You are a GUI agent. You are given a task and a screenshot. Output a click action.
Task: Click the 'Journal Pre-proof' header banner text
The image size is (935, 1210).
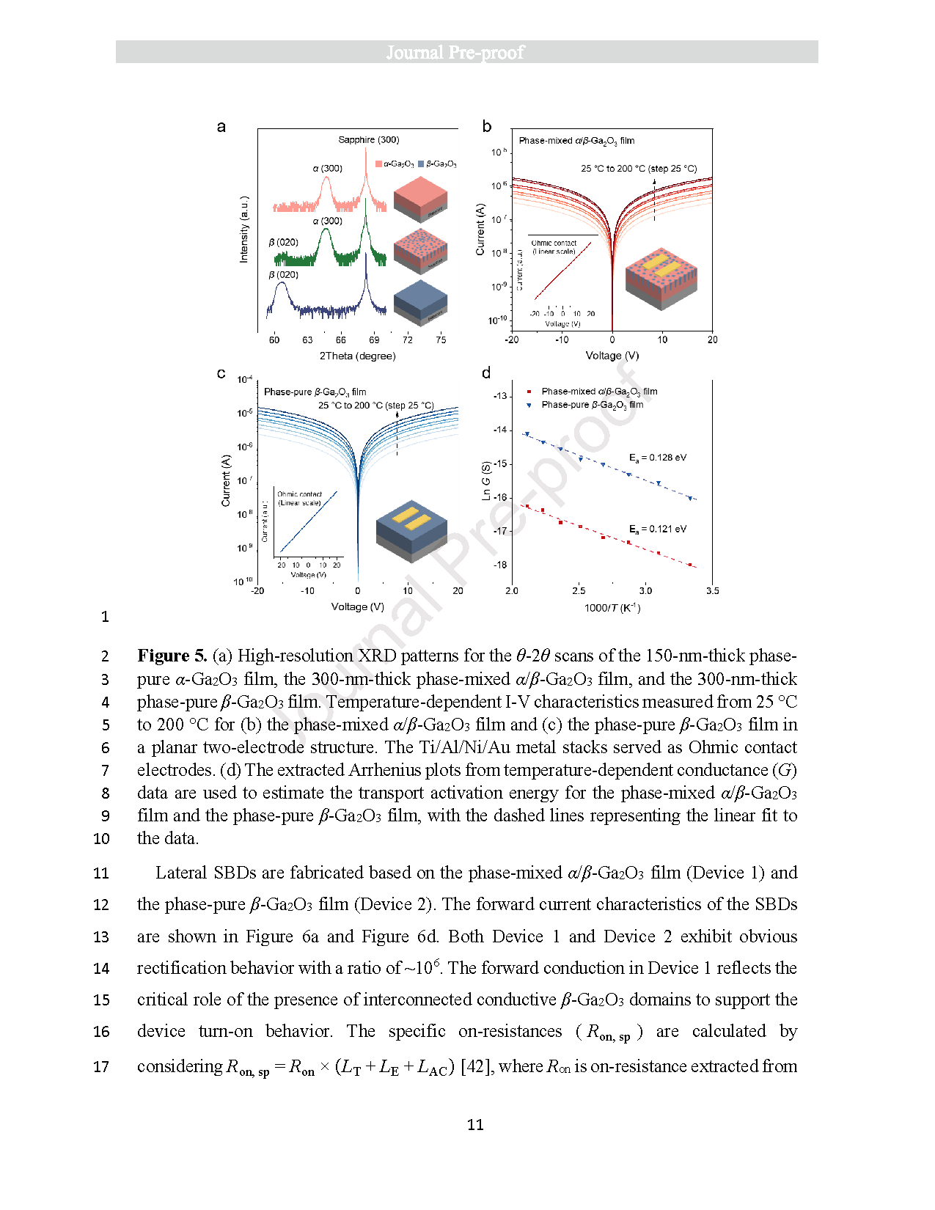455,52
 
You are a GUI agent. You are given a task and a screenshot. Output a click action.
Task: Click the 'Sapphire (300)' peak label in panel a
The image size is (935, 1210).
368,139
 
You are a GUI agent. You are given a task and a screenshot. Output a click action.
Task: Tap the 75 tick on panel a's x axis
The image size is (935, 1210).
441,340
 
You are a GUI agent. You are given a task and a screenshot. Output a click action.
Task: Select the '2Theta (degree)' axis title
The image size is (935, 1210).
357,356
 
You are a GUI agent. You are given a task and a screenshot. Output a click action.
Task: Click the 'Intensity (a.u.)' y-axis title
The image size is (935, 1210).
244,229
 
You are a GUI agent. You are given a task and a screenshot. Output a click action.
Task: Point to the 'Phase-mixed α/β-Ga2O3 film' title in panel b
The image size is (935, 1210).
576,141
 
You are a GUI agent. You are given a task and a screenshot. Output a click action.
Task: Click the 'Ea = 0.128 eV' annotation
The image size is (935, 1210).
657,458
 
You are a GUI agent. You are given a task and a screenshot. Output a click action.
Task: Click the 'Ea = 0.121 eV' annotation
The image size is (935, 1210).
657,529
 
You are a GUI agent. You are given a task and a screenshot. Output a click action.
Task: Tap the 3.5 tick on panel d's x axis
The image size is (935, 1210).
712,590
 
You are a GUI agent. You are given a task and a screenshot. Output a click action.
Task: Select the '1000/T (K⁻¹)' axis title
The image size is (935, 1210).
612,608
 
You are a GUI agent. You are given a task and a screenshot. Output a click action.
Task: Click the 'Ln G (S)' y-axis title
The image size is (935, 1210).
485,481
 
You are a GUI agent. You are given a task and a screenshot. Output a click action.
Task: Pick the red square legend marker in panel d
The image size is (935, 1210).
529,392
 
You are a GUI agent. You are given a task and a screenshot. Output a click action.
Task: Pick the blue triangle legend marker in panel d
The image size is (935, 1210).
529,405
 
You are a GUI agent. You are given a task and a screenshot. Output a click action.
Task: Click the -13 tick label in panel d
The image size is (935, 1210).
499,396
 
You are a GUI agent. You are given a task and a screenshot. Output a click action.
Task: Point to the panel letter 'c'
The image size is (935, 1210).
221,373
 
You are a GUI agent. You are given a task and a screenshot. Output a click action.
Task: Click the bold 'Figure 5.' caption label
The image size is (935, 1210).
172,656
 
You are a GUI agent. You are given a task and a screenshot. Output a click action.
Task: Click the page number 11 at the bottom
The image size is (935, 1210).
475,1125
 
